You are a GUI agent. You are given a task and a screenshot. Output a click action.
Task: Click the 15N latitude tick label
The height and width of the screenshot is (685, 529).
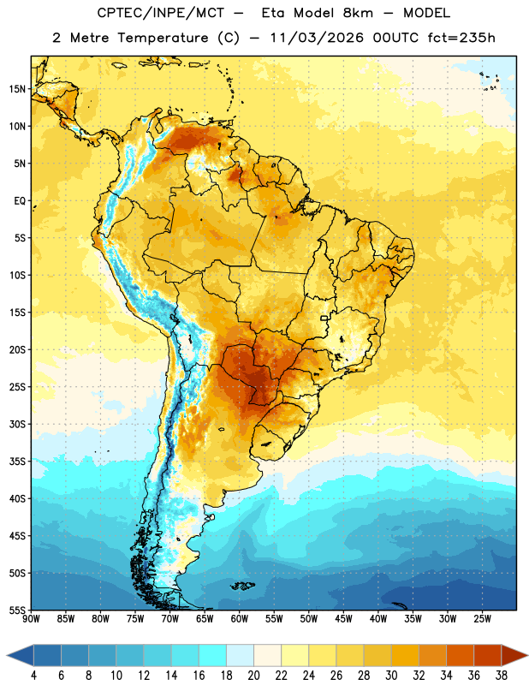point(17,89)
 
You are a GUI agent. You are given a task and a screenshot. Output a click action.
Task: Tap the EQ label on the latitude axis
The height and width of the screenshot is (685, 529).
point(20,201)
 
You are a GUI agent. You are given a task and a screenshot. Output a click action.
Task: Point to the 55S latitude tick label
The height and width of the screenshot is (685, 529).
point(17,610)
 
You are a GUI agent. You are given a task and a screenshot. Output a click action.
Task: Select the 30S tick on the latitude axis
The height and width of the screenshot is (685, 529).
point(17,424)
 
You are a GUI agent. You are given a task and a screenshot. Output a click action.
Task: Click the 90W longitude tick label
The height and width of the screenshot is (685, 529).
point(31,619)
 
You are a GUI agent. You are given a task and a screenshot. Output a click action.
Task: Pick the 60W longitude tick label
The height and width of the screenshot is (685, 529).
point(240,619)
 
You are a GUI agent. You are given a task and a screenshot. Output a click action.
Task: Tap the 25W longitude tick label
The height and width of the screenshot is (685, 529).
point(482,619)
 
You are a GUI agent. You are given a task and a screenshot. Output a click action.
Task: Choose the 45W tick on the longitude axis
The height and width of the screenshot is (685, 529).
point(344,619)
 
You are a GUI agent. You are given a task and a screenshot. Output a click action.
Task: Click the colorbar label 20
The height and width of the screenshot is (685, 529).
point(253,676)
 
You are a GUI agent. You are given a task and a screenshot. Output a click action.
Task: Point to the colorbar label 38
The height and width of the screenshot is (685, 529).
point(502,676)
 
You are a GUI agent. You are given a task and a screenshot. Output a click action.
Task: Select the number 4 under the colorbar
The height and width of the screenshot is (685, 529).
point(33,676)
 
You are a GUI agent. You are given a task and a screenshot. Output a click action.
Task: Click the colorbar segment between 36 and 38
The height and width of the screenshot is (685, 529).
point(488,655)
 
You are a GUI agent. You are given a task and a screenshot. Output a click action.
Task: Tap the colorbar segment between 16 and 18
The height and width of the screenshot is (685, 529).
point(213,655)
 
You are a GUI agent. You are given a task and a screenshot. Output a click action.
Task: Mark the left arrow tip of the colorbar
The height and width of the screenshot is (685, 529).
point(7,655)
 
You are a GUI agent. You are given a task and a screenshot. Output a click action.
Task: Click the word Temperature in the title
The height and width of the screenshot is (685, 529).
point(163,38)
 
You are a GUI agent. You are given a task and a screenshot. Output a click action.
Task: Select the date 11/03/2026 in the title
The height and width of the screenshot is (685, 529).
point(317,38)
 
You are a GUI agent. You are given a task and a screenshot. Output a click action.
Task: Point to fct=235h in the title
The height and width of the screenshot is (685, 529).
point(461,38)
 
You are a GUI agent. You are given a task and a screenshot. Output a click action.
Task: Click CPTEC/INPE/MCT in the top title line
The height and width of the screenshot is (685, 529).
point(161,13)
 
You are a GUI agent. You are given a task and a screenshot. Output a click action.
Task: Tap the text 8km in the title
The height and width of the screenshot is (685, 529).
point(358,13)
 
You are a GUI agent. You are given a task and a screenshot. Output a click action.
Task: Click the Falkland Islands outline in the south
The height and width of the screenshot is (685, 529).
point(243,586)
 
